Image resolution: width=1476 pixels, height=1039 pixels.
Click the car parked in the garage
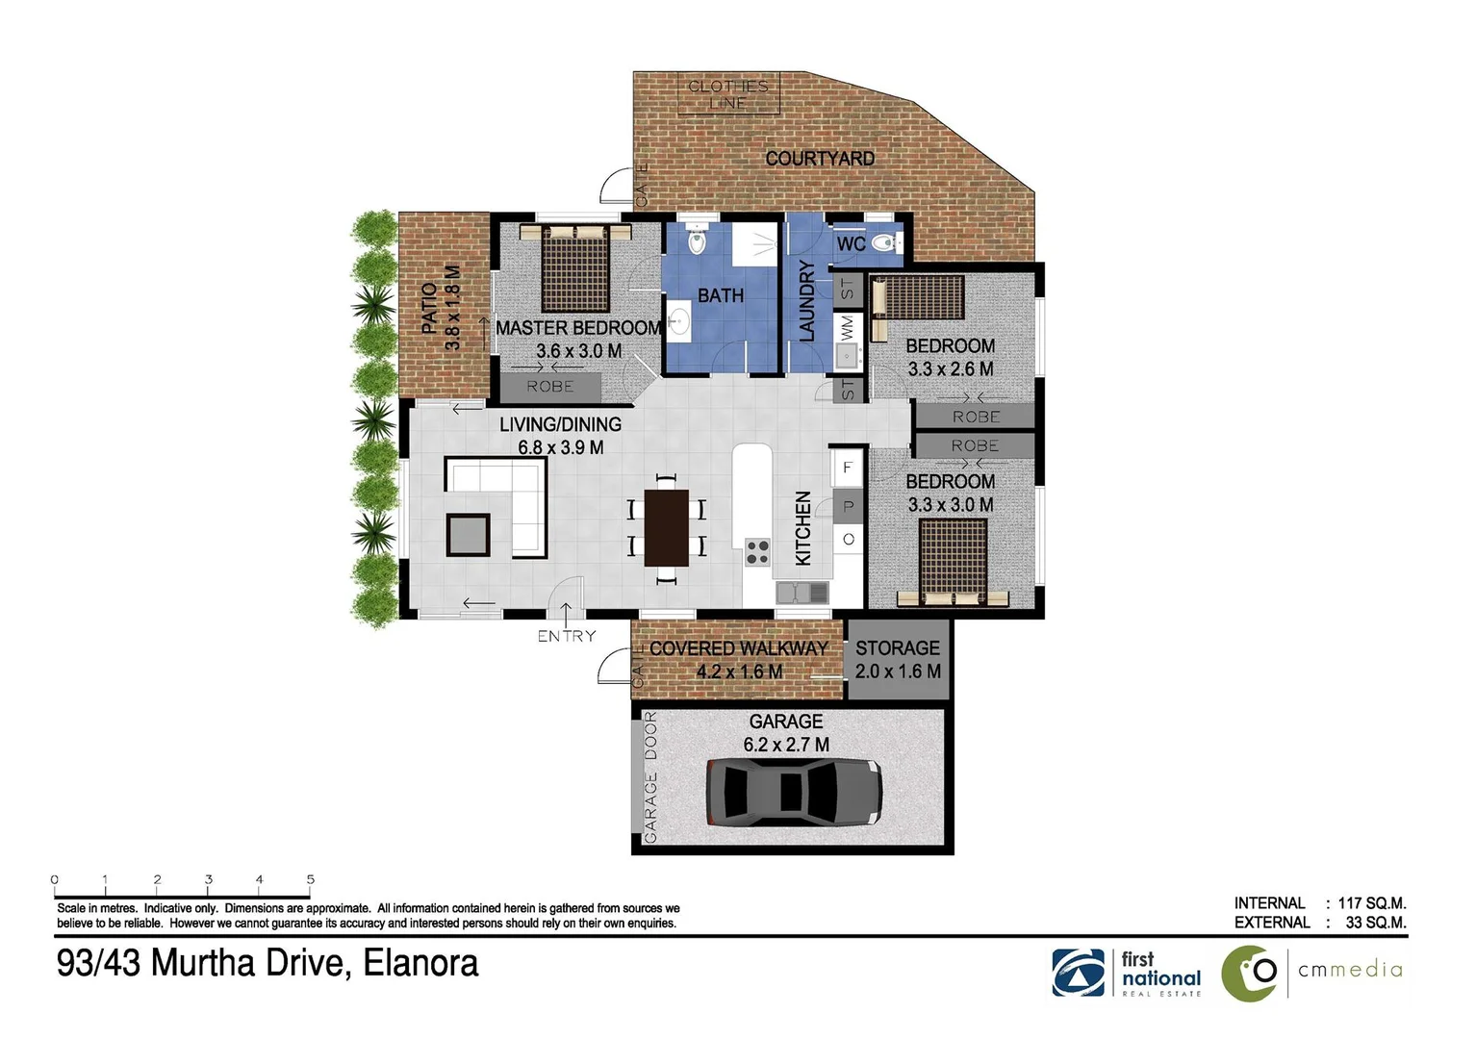(794, 793)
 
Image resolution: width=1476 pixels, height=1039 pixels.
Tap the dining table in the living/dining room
(666, 527)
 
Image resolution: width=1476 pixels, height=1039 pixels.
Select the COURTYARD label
(820, 159)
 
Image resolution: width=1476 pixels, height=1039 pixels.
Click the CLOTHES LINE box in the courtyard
(728, 94)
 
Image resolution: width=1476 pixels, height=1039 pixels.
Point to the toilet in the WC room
(884, 243)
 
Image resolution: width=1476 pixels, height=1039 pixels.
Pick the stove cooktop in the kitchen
(757, 551)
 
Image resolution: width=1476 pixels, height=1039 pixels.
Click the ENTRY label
(566, 636)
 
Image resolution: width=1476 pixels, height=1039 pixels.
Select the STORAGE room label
(897, 648)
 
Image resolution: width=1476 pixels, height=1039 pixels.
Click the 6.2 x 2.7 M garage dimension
(786, 745)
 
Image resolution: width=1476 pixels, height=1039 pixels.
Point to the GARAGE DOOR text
(651, 777)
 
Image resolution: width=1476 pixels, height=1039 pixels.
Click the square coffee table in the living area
(468, 535)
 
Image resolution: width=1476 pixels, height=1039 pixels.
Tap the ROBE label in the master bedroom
(549, 387)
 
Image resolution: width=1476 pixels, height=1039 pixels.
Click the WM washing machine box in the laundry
(847, 326)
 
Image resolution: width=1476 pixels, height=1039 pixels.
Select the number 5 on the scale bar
(310, 879)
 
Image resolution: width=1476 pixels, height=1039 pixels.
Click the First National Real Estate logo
(1127, 973)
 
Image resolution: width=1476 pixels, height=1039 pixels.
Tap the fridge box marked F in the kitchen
(847, 469)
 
